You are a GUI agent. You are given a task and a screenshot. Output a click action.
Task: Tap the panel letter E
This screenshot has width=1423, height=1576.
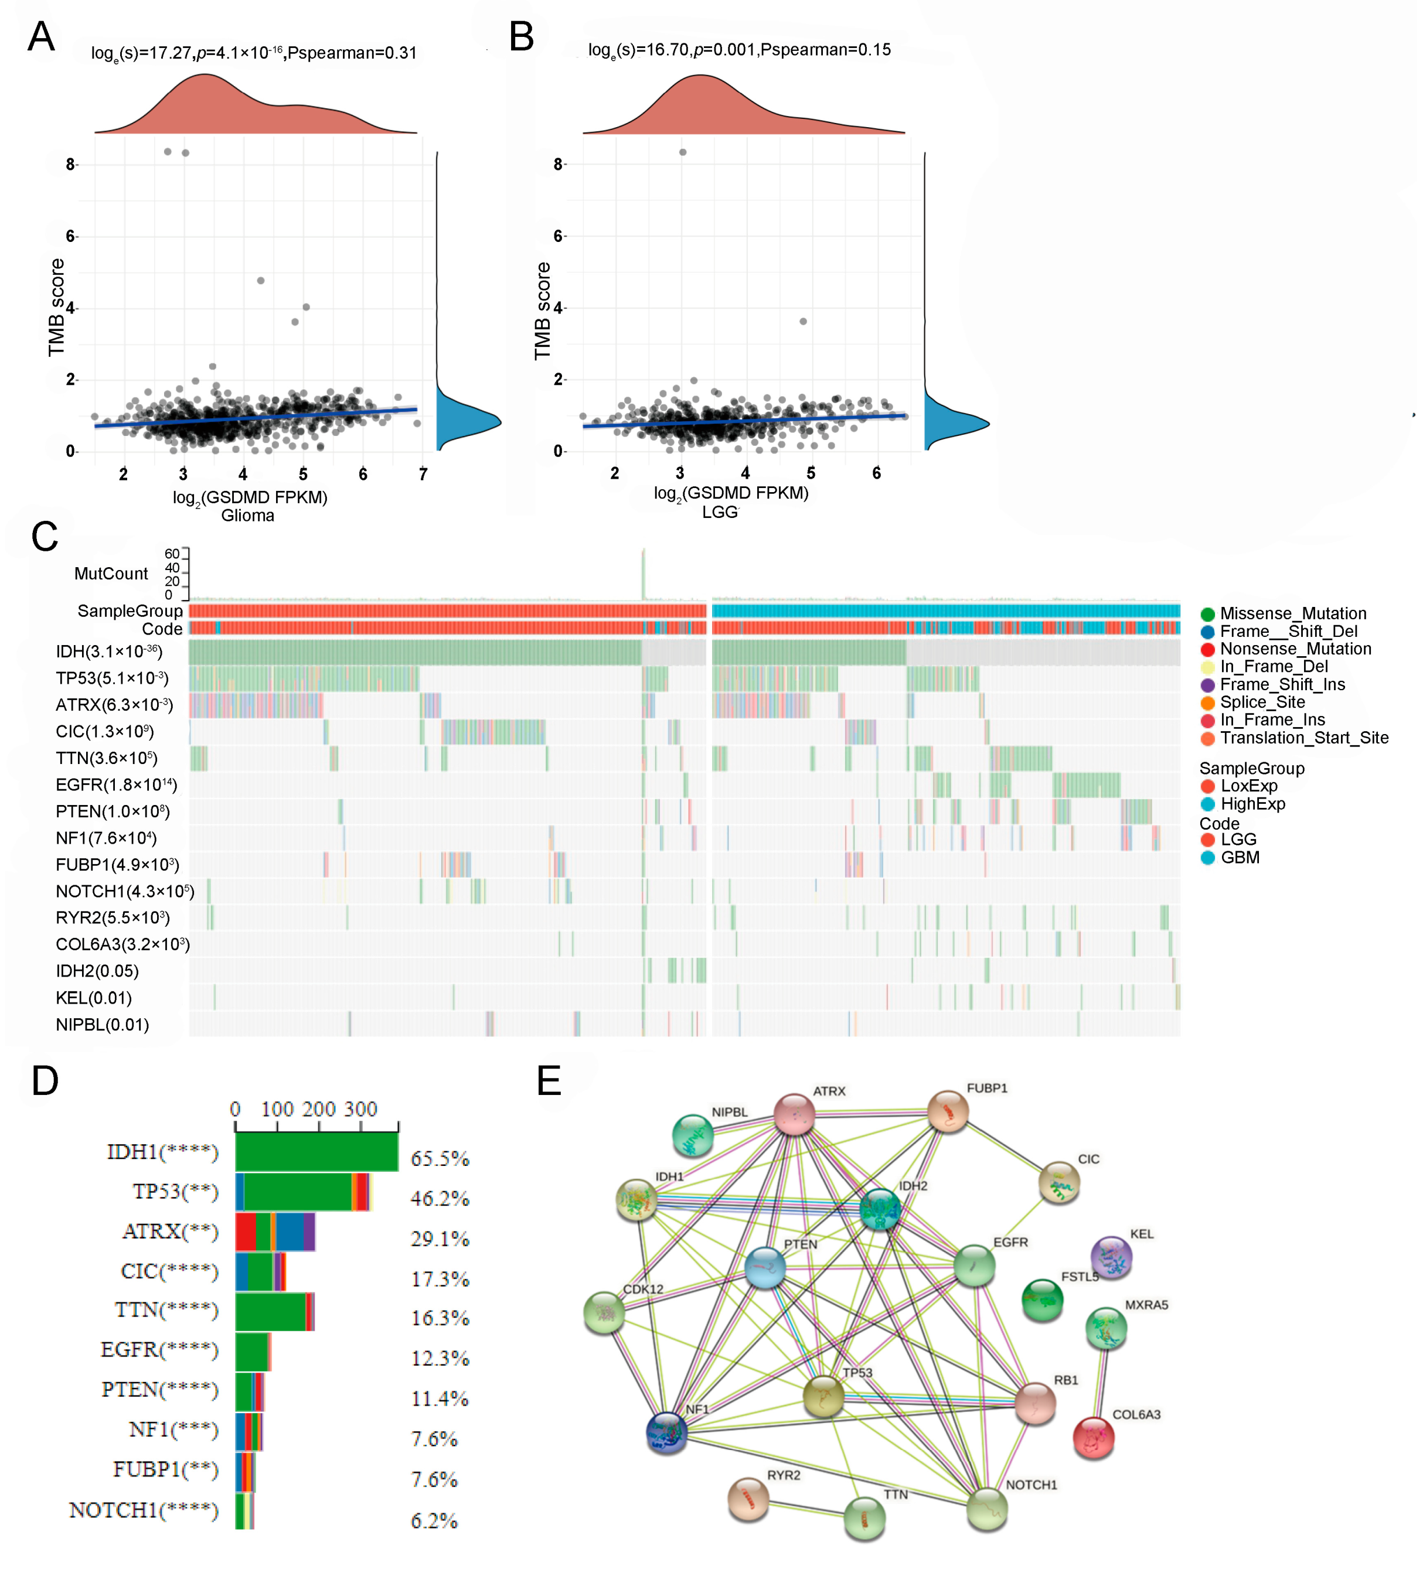pyautogui.click(x=549, y=1080)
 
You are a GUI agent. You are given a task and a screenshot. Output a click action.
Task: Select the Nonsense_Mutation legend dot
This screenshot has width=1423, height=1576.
pyautogui.click(x=1208, y=650)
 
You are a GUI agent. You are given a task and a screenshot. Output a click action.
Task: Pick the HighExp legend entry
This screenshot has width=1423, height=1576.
pyautogui.click(x=1252, y=804)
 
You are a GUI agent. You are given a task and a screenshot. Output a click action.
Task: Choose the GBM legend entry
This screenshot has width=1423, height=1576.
pyautogui.click(x=1239, y=858)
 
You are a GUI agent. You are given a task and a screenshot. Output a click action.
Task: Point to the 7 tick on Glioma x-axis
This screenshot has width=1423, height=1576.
pyautogui.click(x=423, y=475)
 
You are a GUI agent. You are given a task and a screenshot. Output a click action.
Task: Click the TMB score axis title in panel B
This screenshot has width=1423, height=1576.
pyautogui.click(x=543, y=311)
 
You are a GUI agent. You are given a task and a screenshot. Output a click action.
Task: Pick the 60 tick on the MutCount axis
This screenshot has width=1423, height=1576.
pyautogui.click(x=172, y=554)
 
